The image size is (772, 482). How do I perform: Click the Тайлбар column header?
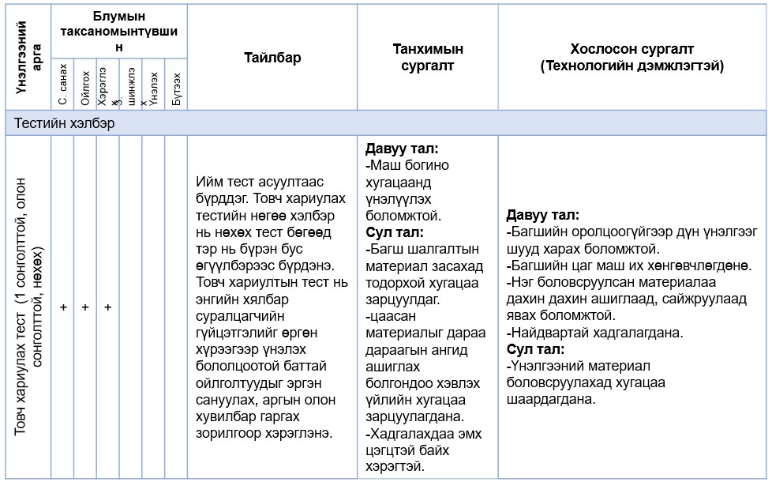pyautogui.click(x=272, y=58)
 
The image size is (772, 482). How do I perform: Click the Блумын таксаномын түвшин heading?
pyautogui.click(x=119, y=32)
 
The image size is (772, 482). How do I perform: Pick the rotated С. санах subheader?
pyautogui.click(x=63, y=86)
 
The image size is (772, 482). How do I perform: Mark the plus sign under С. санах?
pyautogui.click(x=63, y=307)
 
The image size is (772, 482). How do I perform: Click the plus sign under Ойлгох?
pyautogui.click(x=85, y=307)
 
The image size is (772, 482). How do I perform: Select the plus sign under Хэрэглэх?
pyautogui.click(x=107, y=307)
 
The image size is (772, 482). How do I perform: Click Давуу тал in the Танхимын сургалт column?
pyautogui.click(x=402, y=149)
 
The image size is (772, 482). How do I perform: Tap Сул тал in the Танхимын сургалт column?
pyautogui.click(x=395, y=232)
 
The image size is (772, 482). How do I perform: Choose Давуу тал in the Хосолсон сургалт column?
pyautogui.click(x=543, y=215)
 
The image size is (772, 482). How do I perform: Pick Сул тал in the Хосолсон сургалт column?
pyautogui.click(x=536, y=349)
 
